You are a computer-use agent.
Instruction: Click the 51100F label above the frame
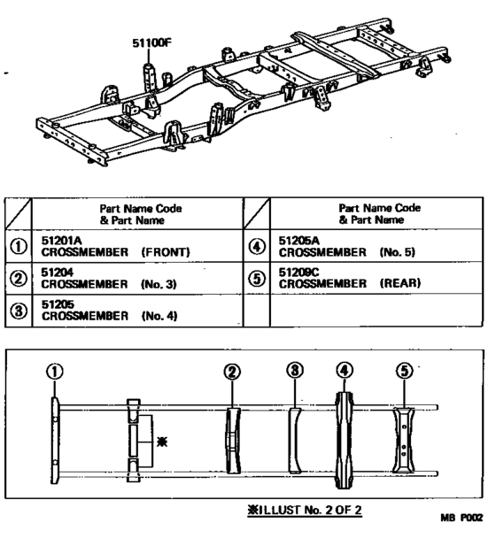tap(151, 43)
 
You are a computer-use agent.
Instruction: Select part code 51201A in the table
tap(61, 240)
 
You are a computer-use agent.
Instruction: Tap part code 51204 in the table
tap(57, 273)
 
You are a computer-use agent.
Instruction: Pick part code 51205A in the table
tap(298, 241)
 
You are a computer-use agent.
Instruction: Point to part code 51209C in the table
tap(298, 272)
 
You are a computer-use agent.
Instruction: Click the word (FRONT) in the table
tap(166, 252)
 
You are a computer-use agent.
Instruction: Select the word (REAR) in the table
tap(400, 283)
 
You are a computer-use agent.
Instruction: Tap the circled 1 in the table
tap(19, 246)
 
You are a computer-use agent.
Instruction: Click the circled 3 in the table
tap(19, 311)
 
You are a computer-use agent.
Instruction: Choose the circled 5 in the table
tap(257, 278)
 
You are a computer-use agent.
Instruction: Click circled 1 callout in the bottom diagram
tap(55, 372)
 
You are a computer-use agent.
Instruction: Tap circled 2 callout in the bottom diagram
tap(232, 372)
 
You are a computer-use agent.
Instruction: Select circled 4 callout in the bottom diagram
tap(345, 371)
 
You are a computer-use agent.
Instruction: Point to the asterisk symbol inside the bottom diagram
tap(162, 442)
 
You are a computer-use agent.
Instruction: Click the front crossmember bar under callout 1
tap(55, 441)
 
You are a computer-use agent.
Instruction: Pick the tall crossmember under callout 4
tap(345, 440)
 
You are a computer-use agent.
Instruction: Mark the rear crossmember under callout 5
tap(404, 441)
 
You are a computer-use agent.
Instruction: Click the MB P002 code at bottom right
tap(461, 518)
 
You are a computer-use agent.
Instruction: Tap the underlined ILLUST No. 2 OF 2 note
tap(305, 511)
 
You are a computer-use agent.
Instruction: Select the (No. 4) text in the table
tap(159, 316)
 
